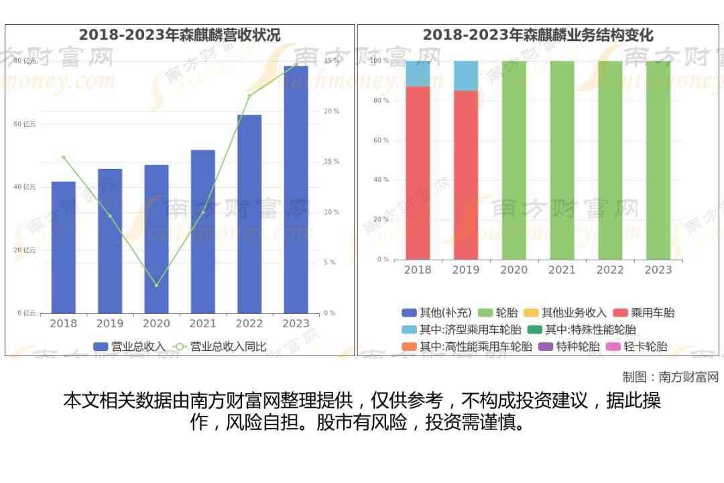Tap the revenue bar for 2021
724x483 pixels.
pos(202,231)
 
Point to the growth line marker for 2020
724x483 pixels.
pos(156,286)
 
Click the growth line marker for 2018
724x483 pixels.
pos(64,158)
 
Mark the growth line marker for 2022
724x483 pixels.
pos(249,96)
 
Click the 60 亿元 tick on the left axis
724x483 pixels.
pos(25,124)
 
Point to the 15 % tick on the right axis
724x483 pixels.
pos(331,162)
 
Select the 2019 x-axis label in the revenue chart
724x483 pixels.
pos(110,324)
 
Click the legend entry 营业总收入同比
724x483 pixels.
pos(221,347)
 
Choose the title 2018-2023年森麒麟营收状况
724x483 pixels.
pos(180,35)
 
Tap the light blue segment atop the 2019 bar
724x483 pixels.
pos(466,76)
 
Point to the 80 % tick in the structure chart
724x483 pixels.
pos(381,101)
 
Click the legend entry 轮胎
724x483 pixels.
pos(499,313)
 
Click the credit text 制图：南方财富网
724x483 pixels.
pos(670,377)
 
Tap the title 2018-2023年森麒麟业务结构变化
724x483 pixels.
pos(538,35)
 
